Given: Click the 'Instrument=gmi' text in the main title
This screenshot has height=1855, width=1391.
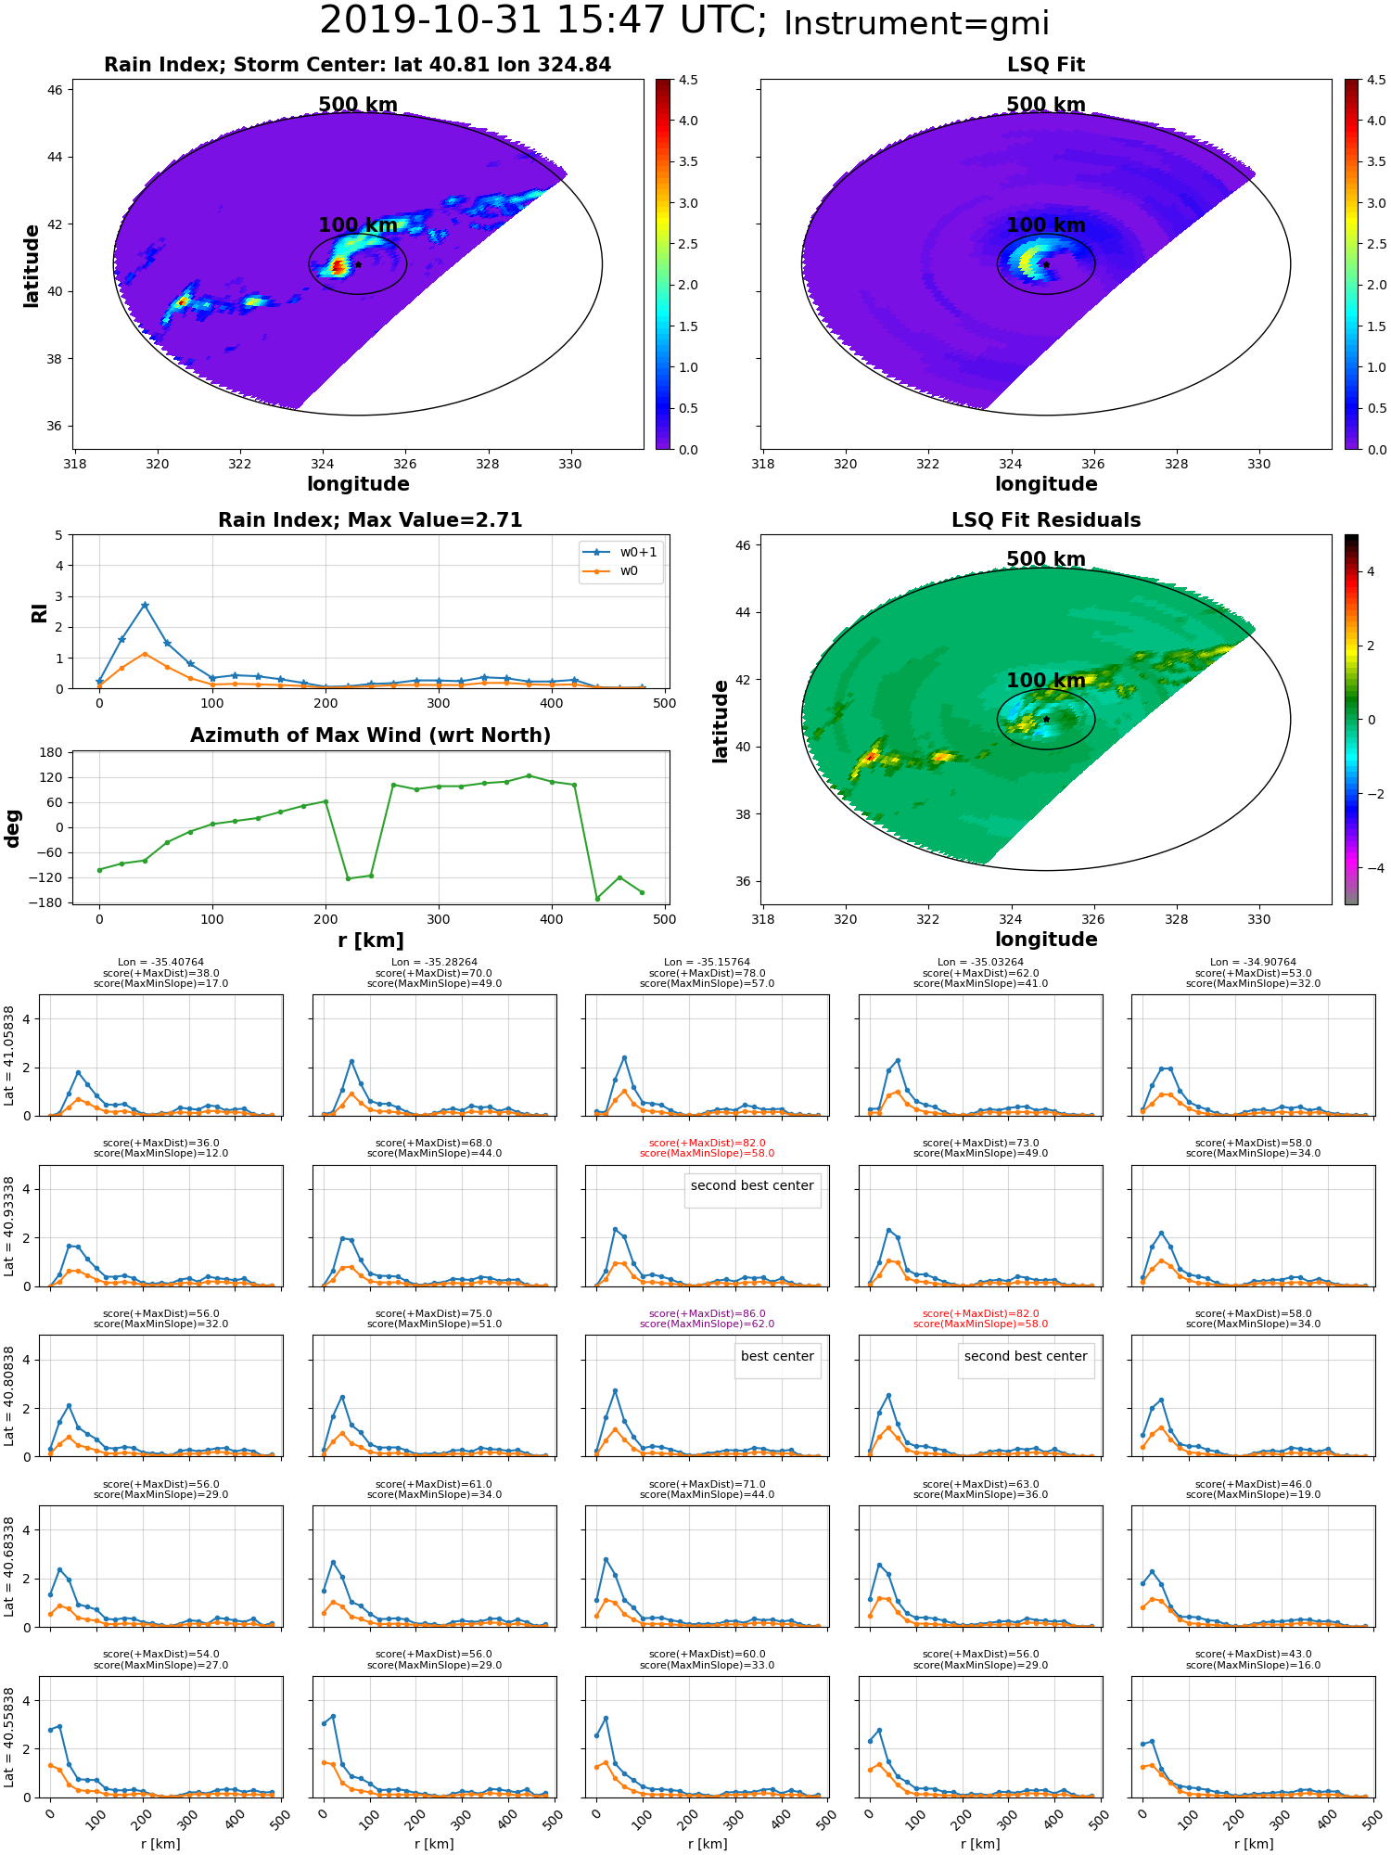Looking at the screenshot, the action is click(x=916, y=23).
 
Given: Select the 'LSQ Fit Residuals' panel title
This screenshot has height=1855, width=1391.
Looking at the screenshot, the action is click(x=1046, y=520).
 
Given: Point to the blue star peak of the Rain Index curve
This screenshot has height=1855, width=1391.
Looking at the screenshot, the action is click(x=145, y=606).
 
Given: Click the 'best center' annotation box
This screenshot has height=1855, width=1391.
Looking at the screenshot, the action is click(x=777, y=1356).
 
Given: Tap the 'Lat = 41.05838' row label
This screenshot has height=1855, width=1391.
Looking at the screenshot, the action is click(x=10, y=1055).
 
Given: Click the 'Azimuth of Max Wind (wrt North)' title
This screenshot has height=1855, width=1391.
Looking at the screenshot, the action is click(x=370, y=736).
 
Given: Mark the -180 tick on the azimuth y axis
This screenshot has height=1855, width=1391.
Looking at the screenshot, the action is click(x=51, y=902).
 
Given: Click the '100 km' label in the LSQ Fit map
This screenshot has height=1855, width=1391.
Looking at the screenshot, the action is click(x=1046, y=225).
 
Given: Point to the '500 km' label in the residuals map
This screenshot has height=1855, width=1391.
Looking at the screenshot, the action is click(x=1046, y=559).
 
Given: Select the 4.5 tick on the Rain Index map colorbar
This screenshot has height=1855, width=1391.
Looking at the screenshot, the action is click(x=688, y=80).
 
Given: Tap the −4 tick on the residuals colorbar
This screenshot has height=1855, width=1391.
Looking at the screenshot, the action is click(x=1371, y=868).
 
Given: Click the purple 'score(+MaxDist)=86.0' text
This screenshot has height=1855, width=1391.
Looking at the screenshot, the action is click(x=708, y=1313).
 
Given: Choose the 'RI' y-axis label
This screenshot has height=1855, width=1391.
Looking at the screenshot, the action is click(x=40, y=612).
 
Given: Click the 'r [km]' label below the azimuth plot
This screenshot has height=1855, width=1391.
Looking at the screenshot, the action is click(x=370, y=940).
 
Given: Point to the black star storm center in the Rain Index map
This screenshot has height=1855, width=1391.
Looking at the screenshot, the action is click(x=358, y=264).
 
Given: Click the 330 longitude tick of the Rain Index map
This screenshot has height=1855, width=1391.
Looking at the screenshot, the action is click(x=570, y=464).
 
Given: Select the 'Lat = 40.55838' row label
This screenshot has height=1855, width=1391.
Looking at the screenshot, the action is click(x=10, y=1737).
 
